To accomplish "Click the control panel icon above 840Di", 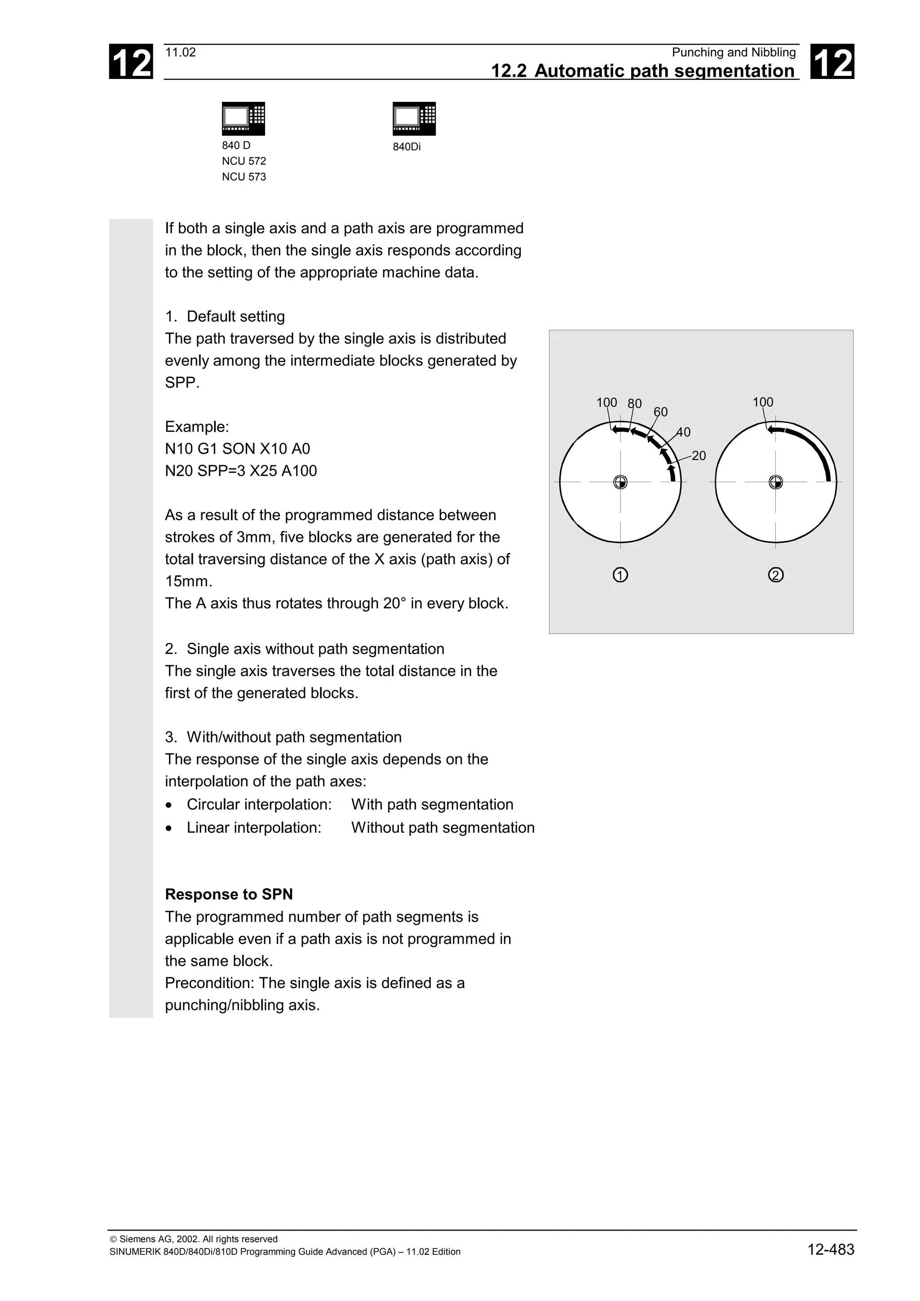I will [414, 119].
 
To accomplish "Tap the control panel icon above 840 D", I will [243, 119].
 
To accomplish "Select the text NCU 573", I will [244, 177].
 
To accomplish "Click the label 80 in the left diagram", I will [634, 404].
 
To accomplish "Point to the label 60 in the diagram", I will [660, 412].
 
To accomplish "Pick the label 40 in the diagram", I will [684, 432].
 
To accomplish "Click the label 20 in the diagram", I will [699, 456].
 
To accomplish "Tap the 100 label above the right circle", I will [762, 402].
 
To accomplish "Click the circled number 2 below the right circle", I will [775, 575].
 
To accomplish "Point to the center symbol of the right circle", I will [775, 482].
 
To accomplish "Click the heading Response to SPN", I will [229, 894].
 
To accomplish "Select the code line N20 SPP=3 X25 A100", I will [241, 471].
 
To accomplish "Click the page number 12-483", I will [831, 1249].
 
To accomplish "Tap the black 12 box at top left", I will [131, 62].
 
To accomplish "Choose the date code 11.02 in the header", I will [180, 53].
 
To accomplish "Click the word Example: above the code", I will [197, 426].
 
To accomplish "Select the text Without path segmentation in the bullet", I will [443, 827].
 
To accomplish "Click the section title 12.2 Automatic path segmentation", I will [642, 71].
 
